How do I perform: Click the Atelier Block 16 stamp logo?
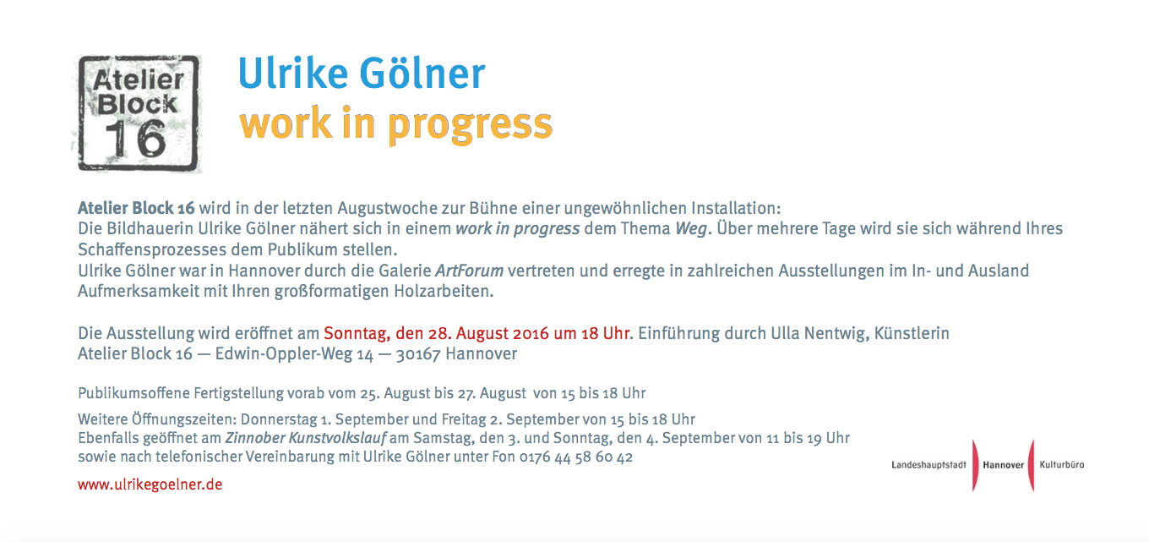coord(138,113)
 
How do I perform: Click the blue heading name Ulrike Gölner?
coord(361,74)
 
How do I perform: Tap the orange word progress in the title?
coord(471,126)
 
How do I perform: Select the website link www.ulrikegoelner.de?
coord(150,484)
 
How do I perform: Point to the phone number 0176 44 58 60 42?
coord(576,457)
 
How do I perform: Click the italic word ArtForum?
coord(470,271)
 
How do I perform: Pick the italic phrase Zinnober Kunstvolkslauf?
coord(306,438)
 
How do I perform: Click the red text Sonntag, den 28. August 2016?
coord(435,334)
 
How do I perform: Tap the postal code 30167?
coord(418,354)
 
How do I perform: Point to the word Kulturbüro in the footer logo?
coord(1062,464)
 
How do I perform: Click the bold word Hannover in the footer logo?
coord(1004,465)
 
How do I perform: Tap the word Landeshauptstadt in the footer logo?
coord(928,465)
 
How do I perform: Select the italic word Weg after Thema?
coord(691,229)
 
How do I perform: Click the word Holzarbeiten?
coord(444,292)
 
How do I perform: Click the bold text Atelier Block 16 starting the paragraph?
coord(136,208)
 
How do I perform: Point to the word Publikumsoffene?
coord(133,393)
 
